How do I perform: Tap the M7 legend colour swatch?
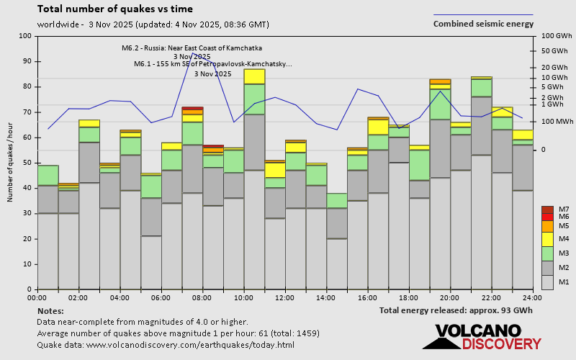[548, 210]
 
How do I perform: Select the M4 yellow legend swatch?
[548, 238]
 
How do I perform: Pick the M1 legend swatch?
[548, 281]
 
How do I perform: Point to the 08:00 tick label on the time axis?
[202, 297]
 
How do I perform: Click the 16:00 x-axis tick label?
[367, 297]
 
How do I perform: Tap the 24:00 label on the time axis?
[532, 297]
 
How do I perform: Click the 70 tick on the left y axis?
[27, 112]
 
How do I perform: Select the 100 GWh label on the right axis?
[555, 36]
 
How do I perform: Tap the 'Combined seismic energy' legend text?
[483, 24]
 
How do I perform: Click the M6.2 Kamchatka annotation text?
[192, 48]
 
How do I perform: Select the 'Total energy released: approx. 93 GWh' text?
[456, 310]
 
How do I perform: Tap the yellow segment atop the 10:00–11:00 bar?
[254, 76]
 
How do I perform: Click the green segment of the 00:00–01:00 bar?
[48, 175]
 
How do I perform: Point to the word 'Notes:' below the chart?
[50, 310]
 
